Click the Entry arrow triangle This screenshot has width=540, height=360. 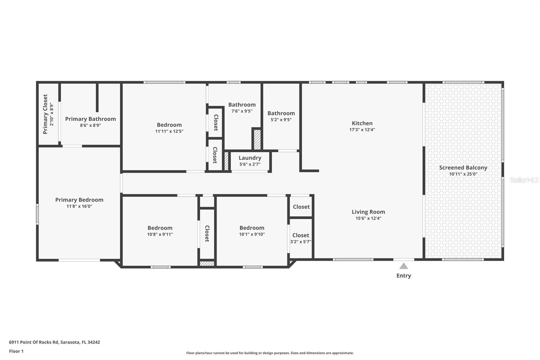(x=404, y=266)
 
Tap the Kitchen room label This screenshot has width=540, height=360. (x=362, y=123)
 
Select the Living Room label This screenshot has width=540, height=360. (x=368, y=212)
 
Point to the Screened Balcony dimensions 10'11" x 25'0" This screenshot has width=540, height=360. (x=463, y=174)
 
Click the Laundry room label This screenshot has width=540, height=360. (x=250, y=158)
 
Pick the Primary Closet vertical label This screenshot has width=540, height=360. (x=45, y=114)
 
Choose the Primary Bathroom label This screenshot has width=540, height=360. (x=90, y=119)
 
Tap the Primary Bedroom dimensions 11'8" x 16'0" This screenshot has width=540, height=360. (x=79, y=206)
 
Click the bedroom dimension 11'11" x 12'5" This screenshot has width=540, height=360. (x=169, y=131)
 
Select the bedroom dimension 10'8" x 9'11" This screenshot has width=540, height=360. (x=160, y=234)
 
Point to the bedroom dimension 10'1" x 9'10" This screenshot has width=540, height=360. (x=252, y=234)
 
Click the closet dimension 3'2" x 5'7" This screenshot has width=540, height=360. (x=301, y=242)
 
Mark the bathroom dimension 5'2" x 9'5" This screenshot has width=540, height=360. (x=281, y=120)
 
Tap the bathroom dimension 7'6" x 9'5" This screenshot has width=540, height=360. (x=242, y=111)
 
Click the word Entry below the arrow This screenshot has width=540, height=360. (x=404, y=276)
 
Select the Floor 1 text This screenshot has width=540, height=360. (x=17, y=351)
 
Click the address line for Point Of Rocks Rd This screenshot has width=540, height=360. (x=54, y=342)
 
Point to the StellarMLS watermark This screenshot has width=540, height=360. (x=524, y=180)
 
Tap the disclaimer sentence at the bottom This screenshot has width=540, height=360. (x=270, y=353)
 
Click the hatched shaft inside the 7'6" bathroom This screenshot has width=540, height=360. (x=257, y=139)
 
